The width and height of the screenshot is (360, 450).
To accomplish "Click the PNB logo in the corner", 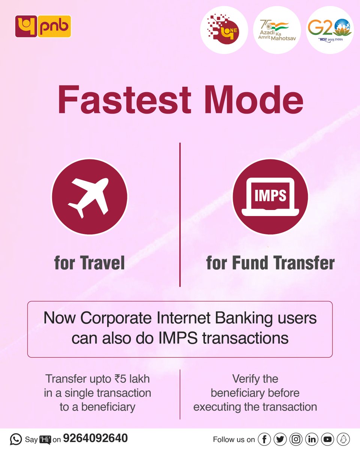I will tap(43, 26).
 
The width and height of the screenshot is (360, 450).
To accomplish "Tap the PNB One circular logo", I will tap(224, 30).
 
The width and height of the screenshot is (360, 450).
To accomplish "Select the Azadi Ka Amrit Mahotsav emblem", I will tap(277, 30).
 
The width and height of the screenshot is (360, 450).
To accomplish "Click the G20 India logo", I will tap(330, 30).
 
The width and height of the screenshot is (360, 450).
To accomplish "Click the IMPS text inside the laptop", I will tap(270, 195).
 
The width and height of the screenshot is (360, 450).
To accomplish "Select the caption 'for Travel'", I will tap(89, 263).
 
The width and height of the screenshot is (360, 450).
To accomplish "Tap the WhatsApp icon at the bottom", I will tap(16, 439).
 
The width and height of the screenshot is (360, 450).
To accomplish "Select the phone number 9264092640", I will tap(95, 438).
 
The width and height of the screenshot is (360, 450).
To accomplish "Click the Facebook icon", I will tap(264, 439).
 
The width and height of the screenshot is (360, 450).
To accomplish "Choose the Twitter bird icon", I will tap(280, 439).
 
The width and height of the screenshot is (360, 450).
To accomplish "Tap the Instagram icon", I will tap(296, 439).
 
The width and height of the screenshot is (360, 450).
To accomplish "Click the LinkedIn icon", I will tap(312, 439).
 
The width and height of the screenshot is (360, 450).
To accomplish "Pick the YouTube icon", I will tap(327, 439).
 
